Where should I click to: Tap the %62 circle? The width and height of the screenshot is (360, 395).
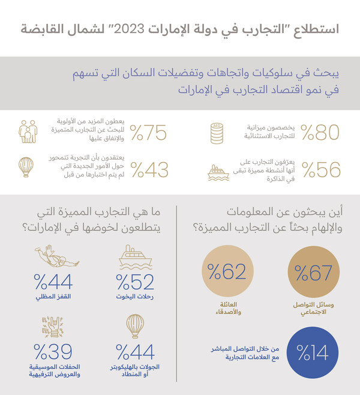(x=227, y=274)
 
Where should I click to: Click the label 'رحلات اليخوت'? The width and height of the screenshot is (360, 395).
(x=135, y=298)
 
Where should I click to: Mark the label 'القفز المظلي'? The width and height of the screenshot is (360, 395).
(x=55, y=298)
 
